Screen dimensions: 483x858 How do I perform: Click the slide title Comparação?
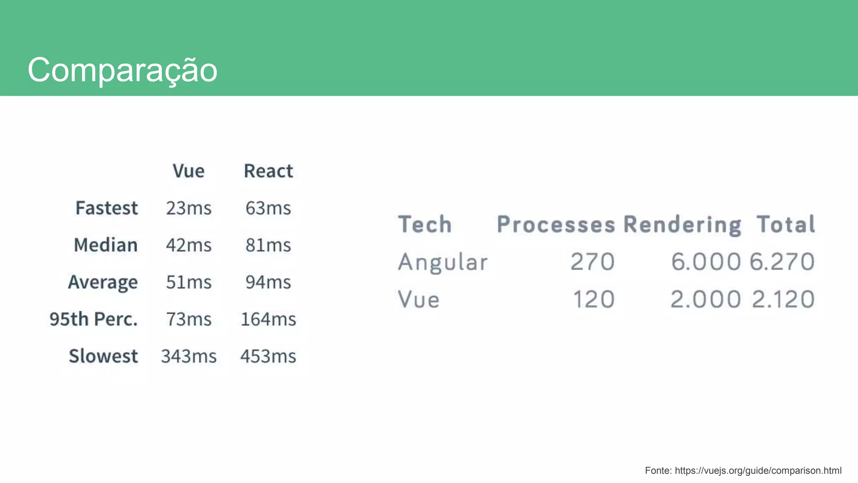click(x=122, y=70)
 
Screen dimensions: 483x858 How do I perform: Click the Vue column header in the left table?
click(x=189, y=171)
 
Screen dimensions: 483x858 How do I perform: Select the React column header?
click(x=268, y=171)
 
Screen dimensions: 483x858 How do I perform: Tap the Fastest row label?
click(x=106, y=208)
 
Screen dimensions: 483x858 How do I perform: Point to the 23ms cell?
click(x=189, y=208)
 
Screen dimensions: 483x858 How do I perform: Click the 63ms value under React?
click(x=268, y=208)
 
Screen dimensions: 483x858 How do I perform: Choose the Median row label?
click(x=106, y=245)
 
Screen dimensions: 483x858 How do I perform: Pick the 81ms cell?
click(x=268, y=245)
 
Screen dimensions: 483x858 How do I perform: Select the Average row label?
click(x=103, y=282)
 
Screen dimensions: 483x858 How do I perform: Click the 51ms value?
click(x=189, y=282)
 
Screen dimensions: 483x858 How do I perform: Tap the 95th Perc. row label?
click(x=93, y=319)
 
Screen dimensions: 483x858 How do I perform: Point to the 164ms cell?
click(x=268, y=319)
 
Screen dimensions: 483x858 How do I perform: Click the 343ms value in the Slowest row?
click(x=189, y=356)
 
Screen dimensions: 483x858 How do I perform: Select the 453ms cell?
click(x=268, y=356)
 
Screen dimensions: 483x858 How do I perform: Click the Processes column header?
click(x=556, y=224)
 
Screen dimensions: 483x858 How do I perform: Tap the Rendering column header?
click(x=682, y=224)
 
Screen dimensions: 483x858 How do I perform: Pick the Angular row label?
click(x=443, y=262)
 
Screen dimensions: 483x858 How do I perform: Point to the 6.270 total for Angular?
click(x=782, y=262)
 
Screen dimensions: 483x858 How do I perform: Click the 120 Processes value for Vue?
click(x=593, y=299)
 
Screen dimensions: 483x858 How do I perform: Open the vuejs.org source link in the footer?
click(x=758, y=470)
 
